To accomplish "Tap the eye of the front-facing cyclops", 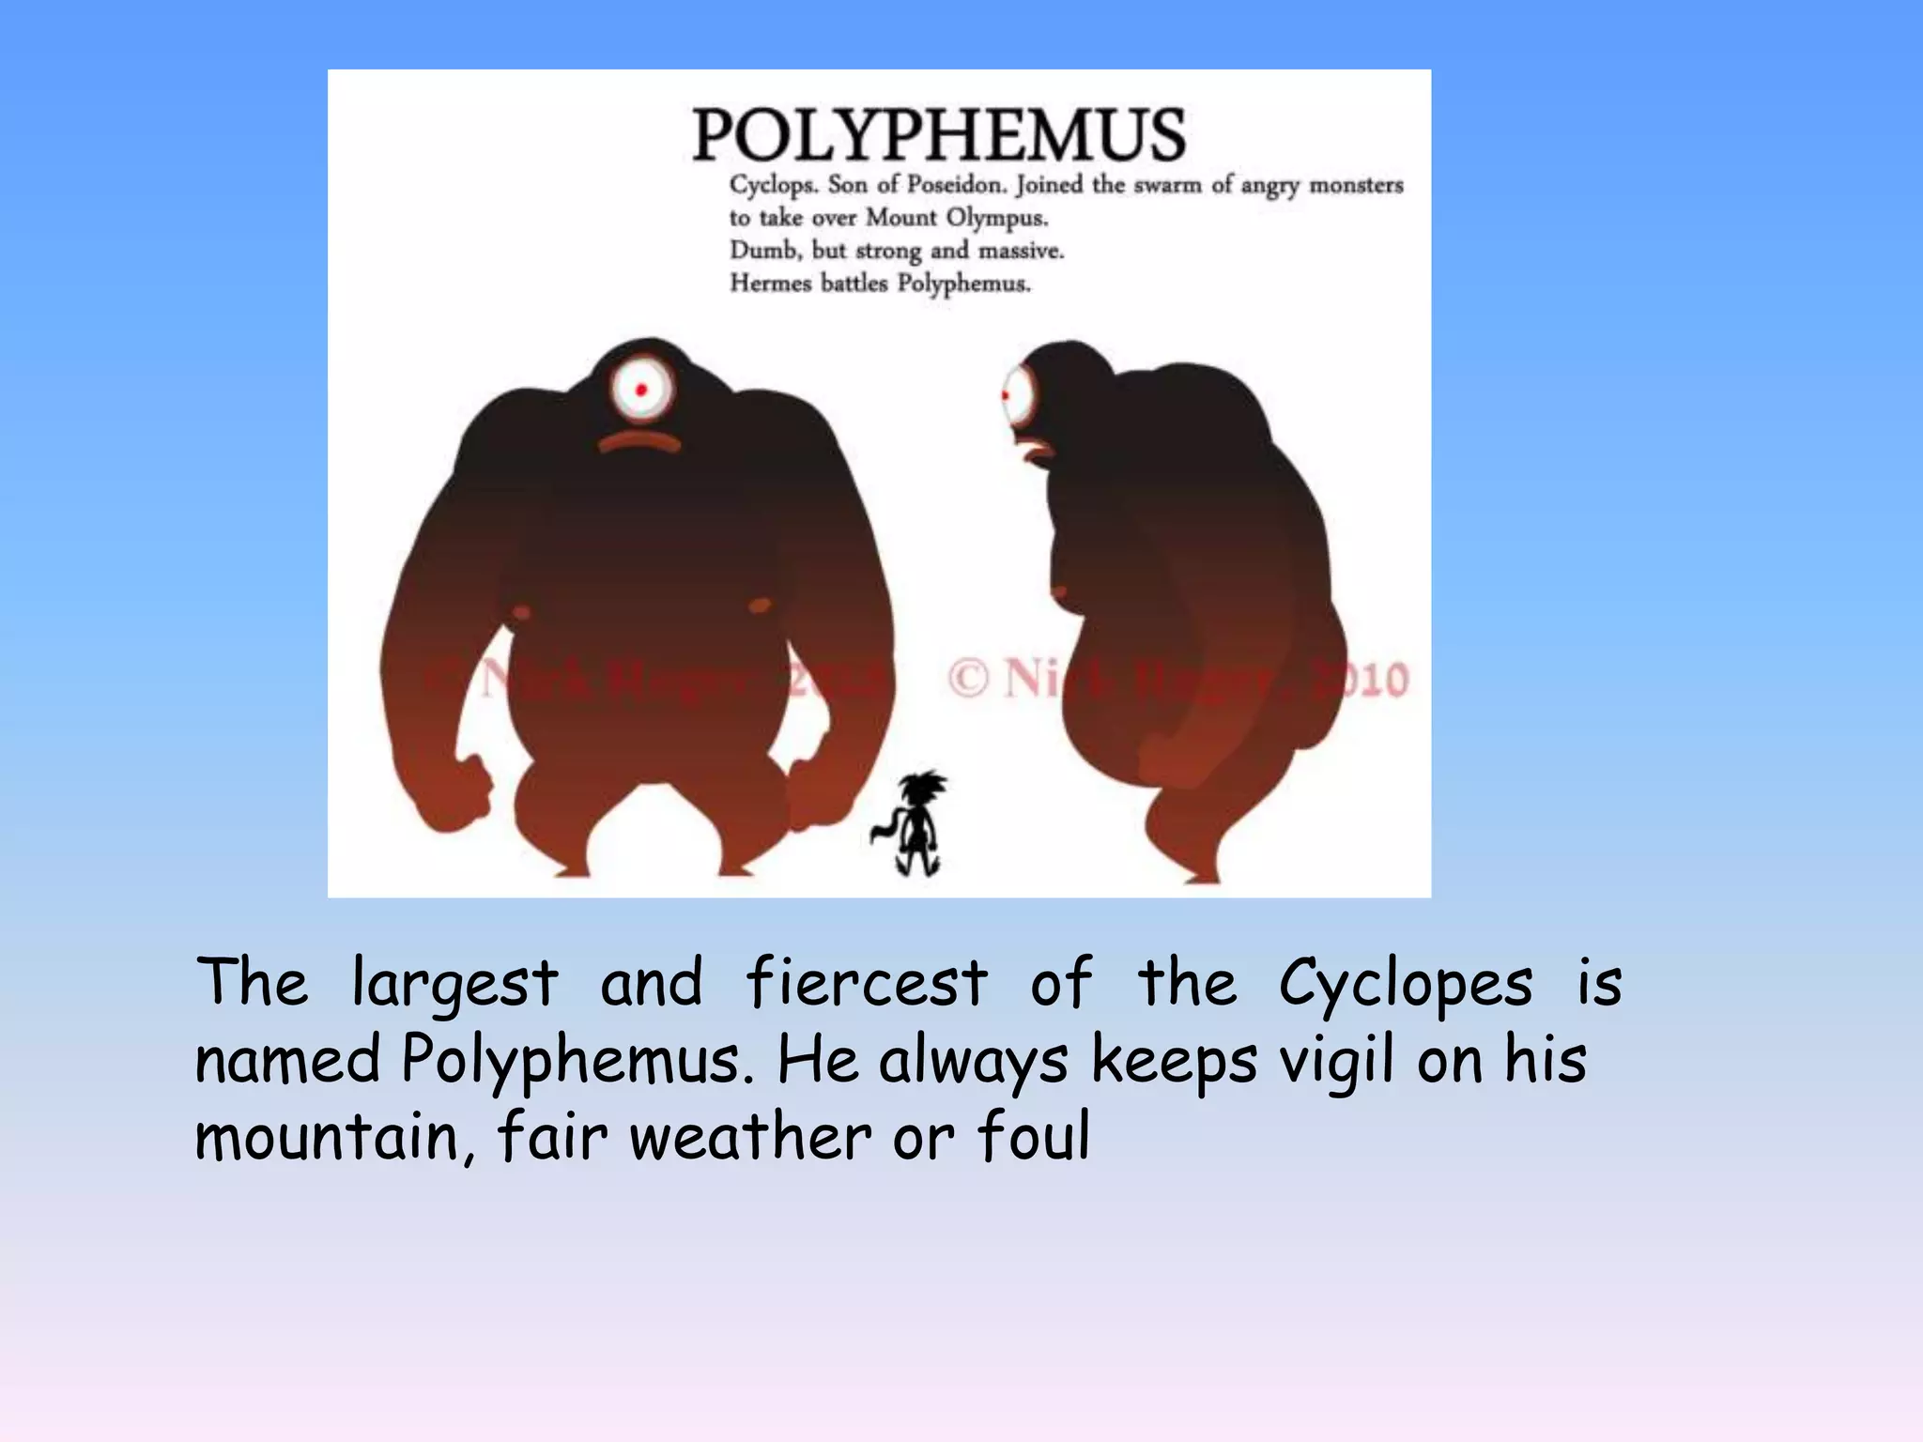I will click(641, 390).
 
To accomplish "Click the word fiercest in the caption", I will click(866, 983).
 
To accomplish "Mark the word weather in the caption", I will click(750, 1137).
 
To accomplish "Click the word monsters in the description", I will click(1356, 185).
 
